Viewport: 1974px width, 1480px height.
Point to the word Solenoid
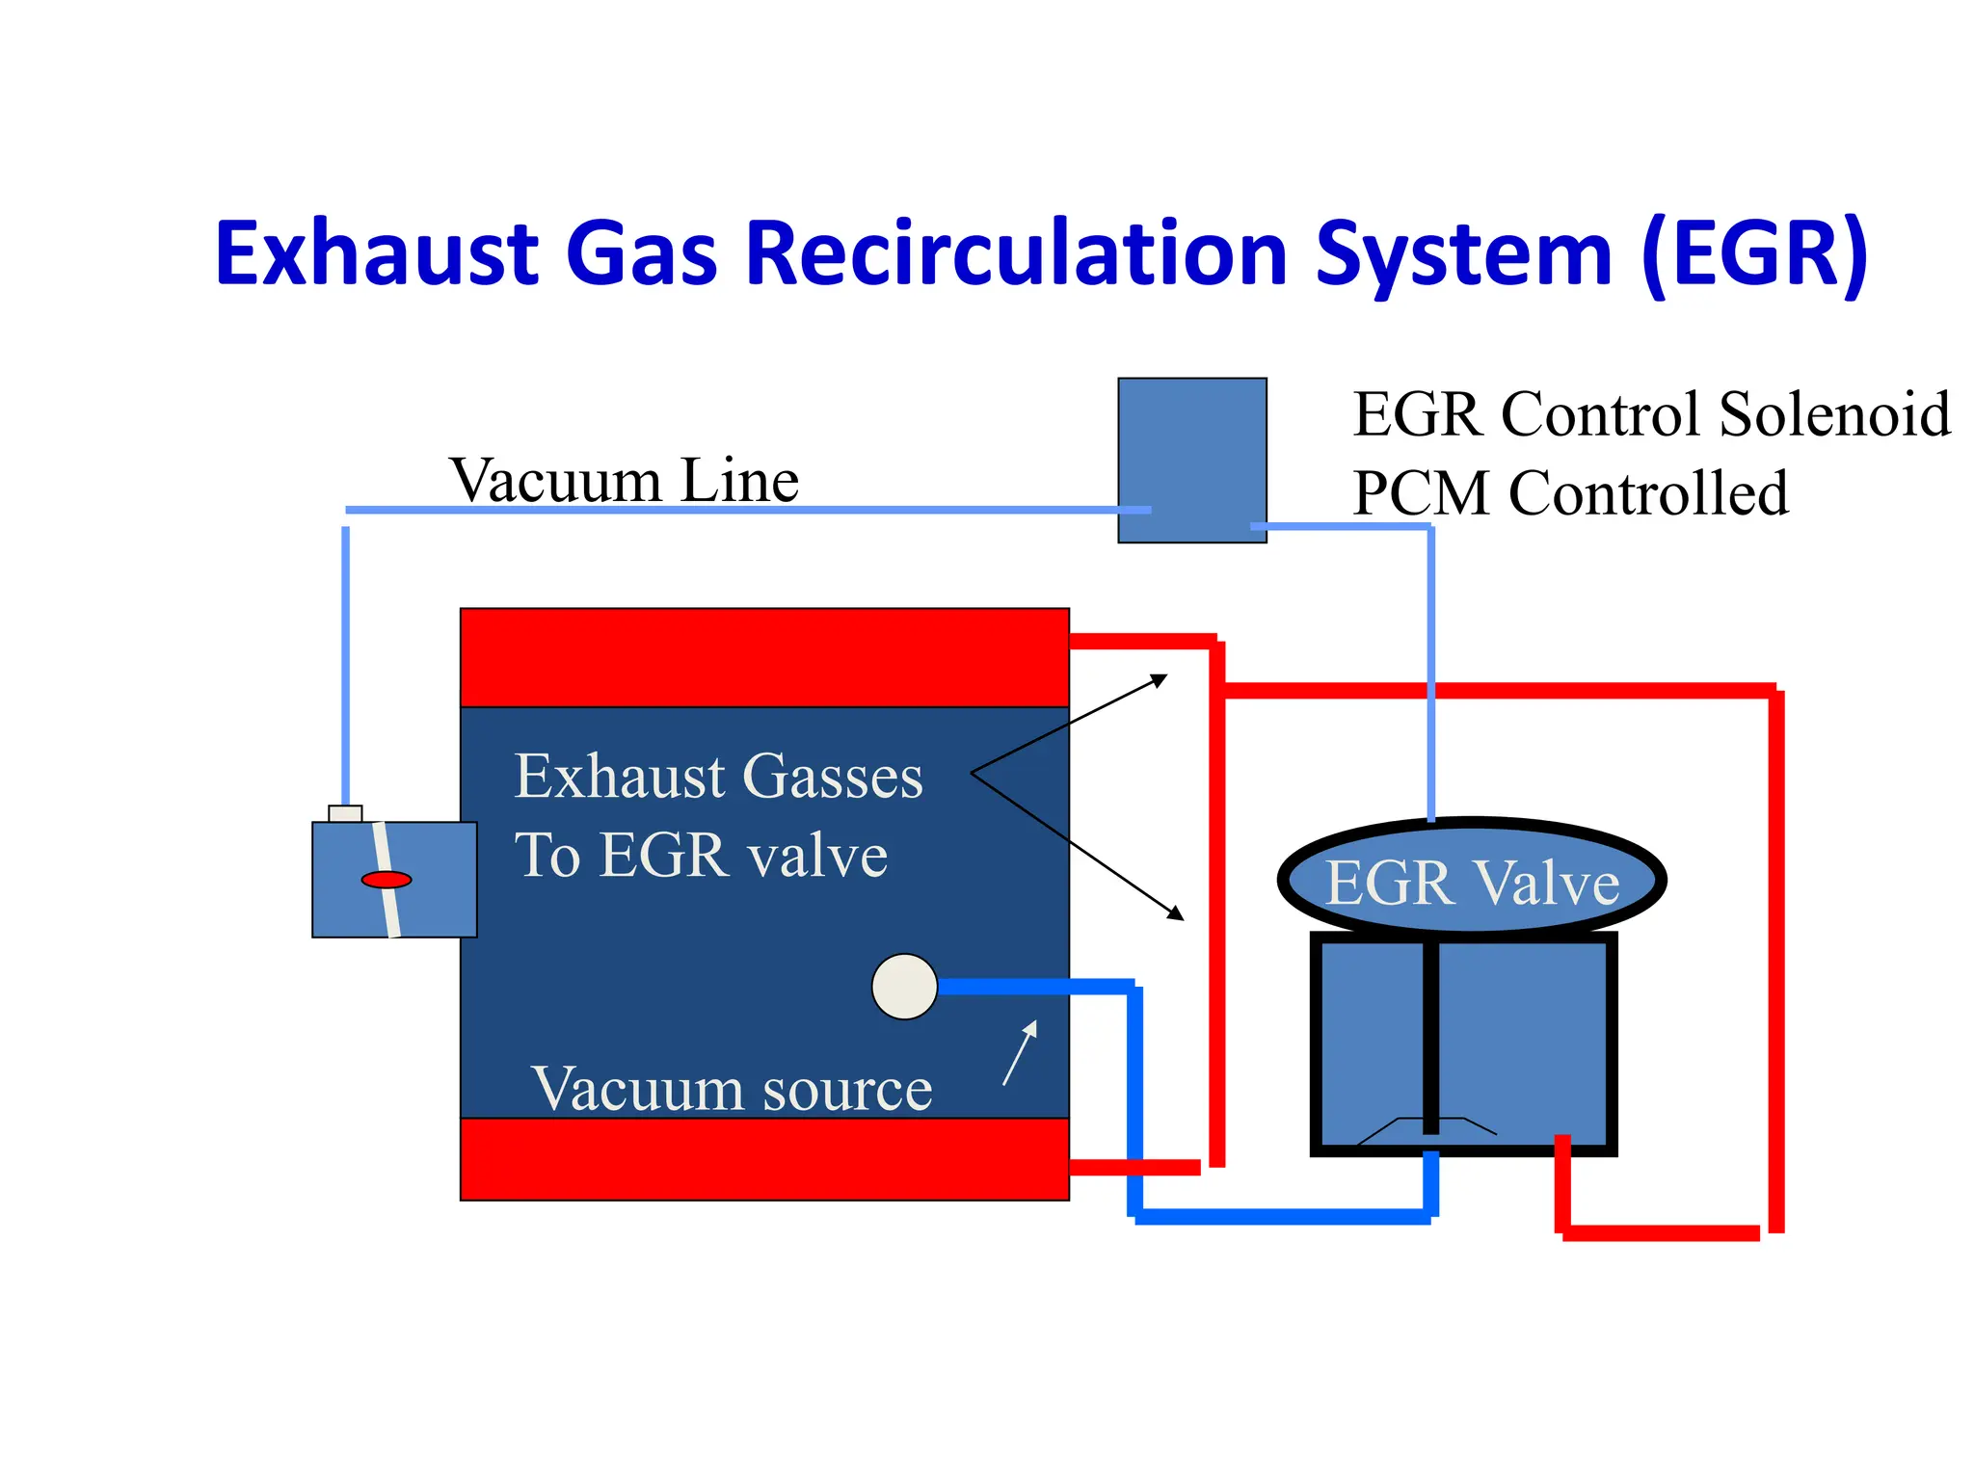(x=1834, y=414)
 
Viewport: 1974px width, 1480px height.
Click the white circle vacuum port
(x=904, y=987)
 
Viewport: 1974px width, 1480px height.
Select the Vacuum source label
(x=732, y=1089)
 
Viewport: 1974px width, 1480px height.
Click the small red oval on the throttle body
(x=387, y=879)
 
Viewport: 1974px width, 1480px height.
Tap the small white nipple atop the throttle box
(x=345, y=813)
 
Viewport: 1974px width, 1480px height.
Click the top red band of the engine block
(x=764, y=657)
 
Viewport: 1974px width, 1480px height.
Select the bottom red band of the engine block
(x=764, y=1159)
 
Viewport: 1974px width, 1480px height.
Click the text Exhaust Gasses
(x=718, y=777)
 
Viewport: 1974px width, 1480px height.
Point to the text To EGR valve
(x=701, y=855)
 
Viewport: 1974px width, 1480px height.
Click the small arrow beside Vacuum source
(x=1021, y=1052)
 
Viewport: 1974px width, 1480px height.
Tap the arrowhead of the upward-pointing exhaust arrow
(x=1160, y=680)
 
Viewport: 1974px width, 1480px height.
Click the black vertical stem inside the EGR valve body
(x=1430, y=1036)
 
